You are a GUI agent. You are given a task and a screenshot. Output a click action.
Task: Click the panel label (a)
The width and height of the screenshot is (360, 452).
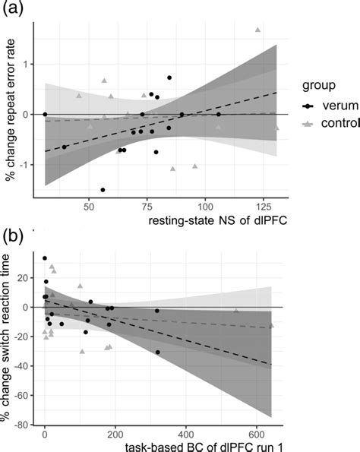pyautogui.click(x=12, y=8)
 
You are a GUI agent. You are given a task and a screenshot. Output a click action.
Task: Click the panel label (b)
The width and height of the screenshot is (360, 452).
pyautogui.click(x=12, y=237)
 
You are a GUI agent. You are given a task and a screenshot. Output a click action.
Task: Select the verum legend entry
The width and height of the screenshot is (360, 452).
pyautogui.click(x=330, y=106)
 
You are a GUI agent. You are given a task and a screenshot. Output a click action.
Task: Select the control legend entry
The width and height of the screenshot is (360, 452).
pyautogui.click(x=331, y=123)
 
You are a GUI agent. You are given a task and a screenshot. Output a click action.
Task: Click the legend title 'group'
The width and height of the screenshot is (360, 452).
pyautogui.click(x=319, y=86)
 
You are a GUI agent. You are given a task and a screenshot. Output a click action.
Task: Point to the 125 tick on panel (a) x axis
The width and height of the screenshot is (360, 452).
pyautogui.click(x=263, y=207)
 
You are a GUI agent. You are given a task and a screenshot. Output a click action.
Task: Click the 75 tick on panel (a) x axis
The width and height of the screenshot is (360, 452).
pyautogui.click(x=147, y=207)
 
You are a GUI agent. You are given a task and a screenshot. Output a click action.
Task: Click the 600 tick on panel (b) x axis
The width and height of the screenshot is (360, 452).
pyautogui.click(x=257, y=434)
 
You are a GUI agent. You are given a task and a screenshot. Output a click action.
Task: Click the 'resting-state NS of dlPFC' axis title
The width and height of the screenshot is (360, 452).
pyautogui.click(x=218, y=221)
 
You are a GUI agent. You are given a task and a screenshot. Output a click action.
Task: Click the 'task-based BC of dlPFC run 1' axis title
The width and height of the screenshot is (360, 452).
pyautogui.click(x=204, y=447)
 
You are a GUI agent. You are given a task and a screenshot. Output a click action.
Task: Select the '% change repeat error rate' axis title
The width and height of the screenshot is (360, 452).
pyautogui.click(x=11, y=110)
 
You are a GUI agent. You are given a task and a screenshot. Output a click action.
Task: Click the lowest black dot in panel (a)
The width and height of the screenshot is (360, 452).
pyautogui.click(x=103, y=190)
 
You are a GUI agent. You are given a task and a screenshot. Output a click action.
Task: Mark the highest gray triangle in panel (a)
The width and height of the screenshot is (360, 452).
pyautogui.click(x=257, y=30)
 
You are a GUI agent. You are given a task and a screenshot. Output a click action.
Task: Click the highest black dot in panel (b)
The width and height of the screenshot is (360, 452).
pyautogui.click(x=45, y=258)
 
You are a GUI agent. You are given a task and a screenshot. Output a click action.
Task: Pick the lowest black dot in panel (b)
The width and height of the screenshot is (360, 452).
pyautogui.click(x=158, y=352)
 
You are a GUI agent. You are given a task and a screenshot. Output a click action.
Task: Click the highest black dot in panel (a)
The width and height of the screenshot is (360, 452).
pyautogui.click(x=169, y=77)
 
